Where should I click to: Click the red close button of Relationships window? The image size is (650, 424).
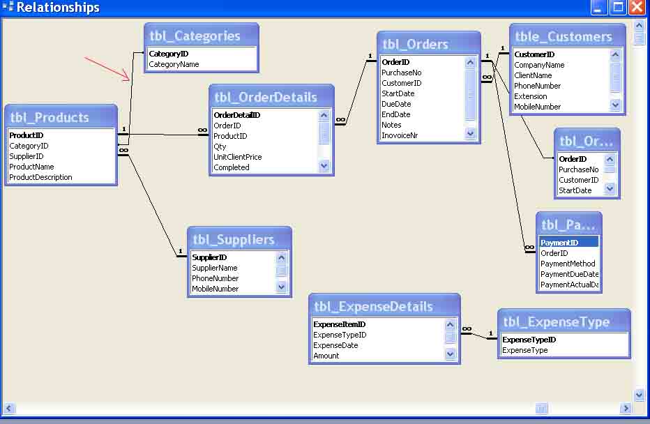pos(636,8)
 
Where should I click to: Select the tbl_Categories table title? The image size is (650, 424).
pos(195,36)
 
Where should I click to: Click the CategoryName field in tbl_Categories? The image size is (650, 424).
pos(174,64)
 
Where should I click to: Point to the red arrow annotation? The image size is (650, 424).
pos(108,68)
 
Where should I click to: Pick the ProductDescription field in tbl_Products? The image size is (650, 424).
pos(40,177)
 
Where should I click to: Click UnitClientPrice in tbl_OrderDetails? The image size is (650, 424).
pos(238,157)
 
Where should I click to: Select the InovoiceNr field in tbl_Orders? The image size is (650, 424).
pos(400,135)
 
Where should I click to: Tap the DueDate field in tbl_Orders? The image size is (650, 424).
pos(395,104)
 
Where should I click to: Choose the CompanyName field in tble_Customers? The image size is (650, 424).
pos(539,65)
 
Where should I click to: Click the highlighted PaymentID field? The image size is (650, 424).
pos(559,243)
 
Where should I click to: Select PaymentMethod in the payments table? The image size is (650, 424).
pos(568,264)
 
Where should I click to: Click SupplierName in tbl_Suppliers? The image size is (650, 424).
pos(214,268)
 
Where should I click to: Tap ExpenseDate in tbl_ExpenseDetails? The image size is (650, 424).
pos(335,345)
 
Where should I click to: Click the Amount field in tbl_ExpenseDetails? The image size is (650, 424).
pos(326,356)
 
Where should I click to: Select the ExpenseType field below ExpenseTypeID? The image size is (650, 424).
pos(524,350)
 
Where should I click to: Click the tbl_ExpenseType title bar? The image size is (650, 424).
pos(556,322)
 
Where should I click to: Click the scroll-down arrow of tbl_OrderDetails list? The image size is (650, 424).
pos(324,167)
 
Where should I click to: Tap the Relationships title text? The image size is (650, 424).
pos(58,8)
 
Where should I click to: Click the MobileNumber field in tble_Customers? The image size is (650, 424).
pos(537,107)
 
